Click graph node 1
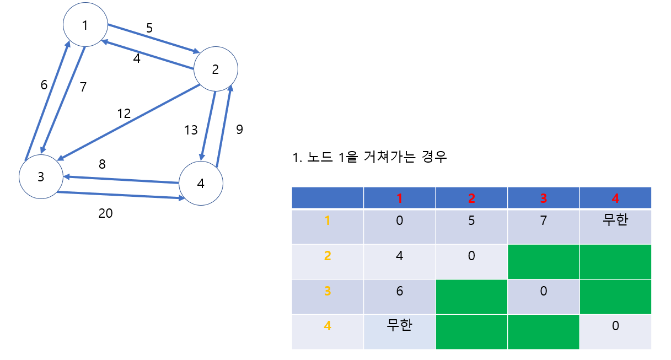(x=84, y=25)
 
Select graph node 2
(x=215, y=69)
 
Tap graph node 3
(x=40, y=177)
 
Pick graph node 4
(x=201, y=184)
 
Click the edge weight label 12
(x=124, y=114)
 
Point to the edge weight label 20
(x=105, y=213)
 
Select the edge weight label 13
(x=191, y=130)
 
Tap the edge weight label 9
(x=239, y=130)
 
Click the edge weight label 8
(x=102, y=164)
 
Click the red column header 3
(x=543, y=198)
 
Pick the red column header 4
(x=615, y=198)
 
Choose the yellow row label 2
(x=328, y=256)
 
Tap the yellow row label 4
(x=328, y=326)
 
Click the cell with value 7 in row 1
(x=543, y=221)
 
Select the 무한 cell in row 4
(x=399, y=326)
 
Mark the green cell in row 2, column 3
(x=543, y=261)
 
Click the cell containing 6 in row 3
(x=399, y=291)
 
